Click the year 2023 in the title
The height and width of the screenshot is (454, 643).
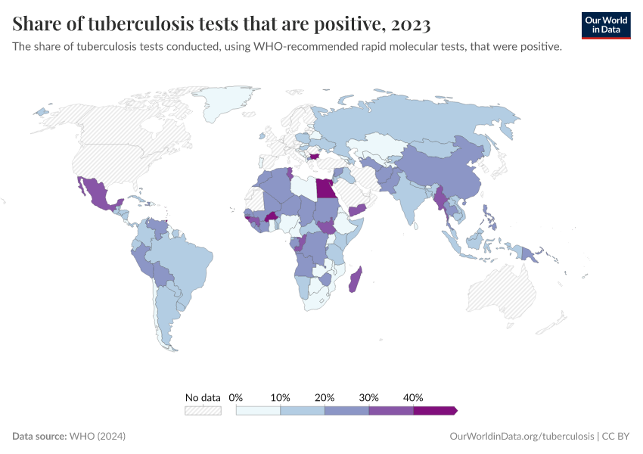[411, 25]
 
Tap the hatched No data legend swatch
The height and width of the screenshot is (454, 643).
[203, 410]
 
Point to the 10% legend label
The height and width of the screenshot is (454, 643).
[281, 397]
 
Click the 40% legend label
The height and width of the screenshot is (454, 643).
[413, 397]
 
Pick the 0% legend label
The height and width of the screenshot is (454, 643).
[236, 397]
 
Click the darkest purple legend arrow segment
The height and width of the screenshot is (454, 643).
[435, 410]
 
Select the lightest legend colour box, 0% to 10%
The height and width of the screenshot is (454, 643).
[258, 410]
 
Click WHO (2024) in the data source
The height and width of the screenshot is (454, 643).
[97, 437]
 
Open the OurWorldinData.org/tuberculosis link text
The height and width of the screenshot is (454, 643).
[521, 437]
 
